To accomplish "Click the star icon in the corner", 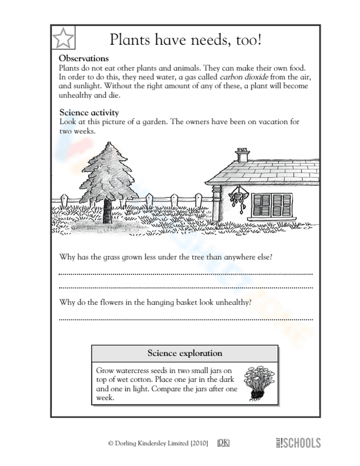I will [x=63, y=37].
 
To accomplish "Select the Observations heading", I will [x=84, y=58].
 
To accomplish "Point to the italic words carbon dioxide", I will [x=244, y=77].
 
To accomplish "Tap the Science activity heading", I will [x=89, y=112].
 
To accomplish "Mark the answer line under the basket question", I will [x=185, y=319].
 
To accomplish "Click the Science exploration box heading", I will [x=185, y=353].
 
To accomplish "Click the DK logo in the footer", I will [x=223, y=443].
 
